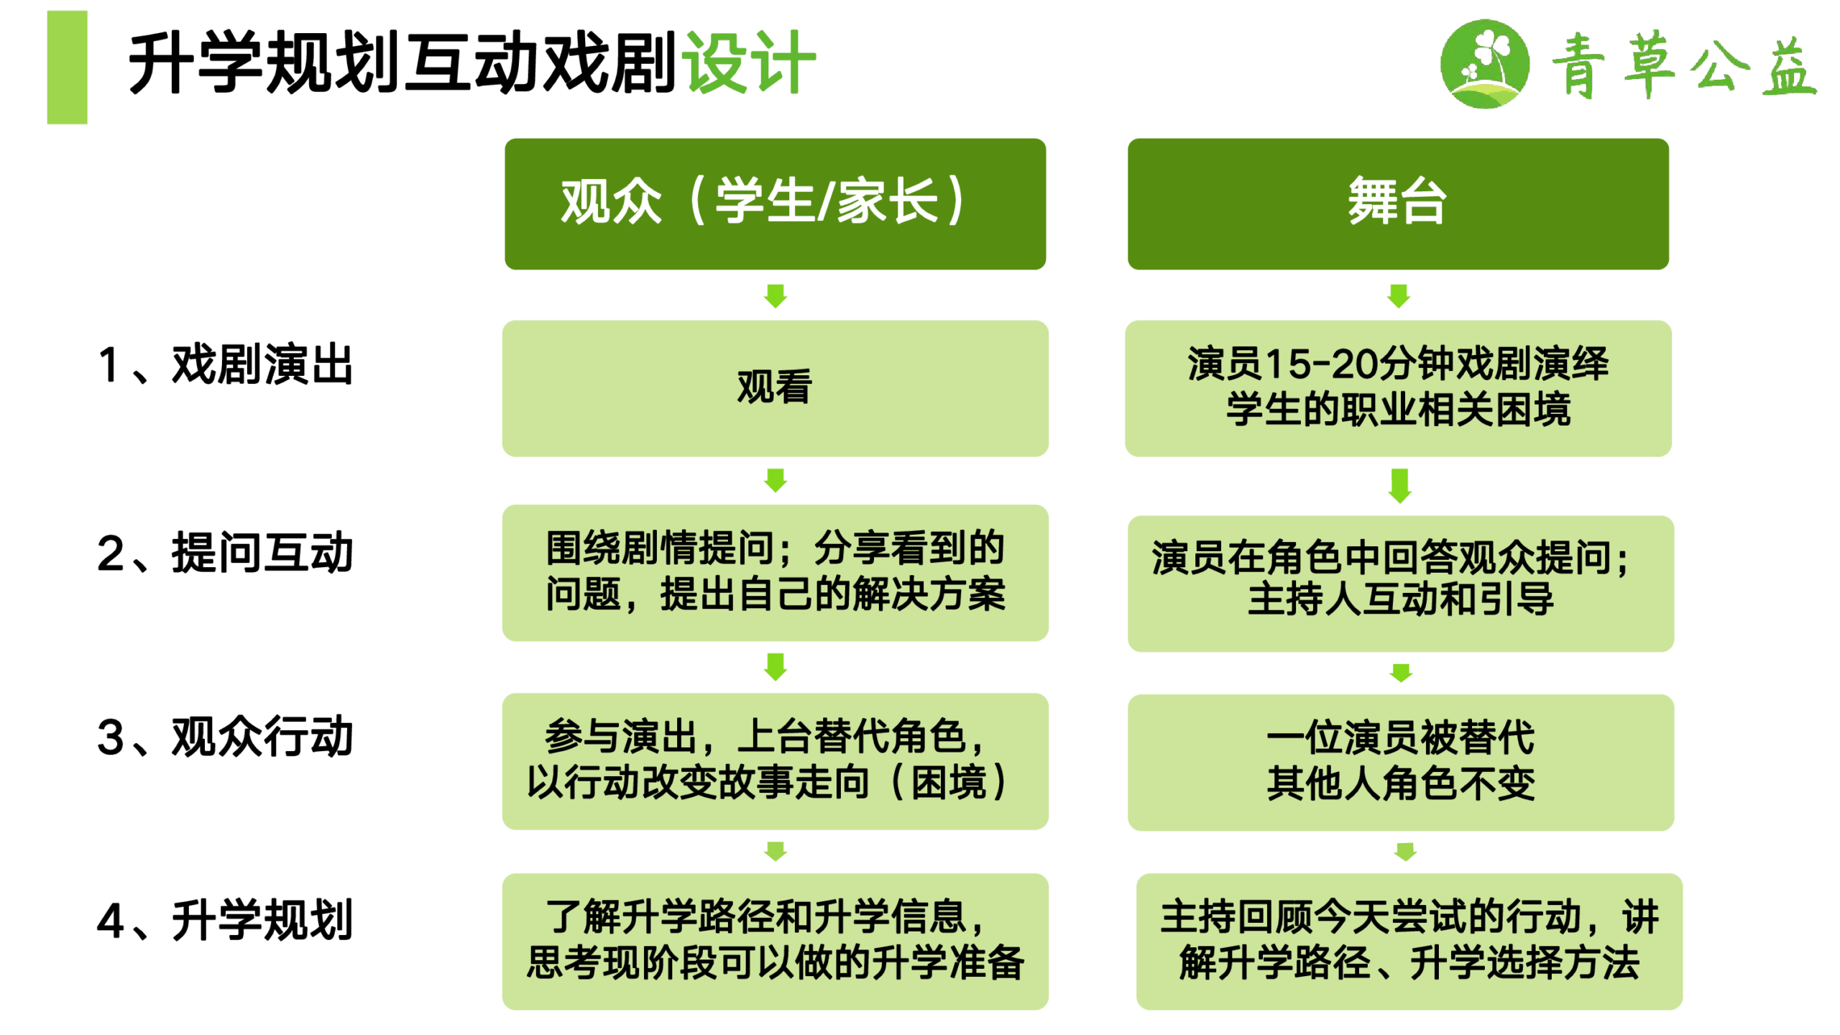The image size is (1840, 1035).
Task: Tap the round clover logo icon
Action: [x=1485, y=64]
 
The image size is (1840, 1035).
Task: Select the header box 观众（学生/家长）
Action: [x=775, y=204]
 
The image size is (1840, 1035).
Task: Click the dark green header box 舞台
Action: [x=1398, y=204]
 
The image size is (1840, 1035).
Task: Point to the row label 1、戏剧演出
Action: [x=225, y=364]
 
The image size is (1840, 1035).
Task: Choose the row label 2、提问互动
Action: [x=225, y=553]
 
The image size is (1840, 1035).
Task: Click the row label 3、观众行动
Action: [x=225, y=737]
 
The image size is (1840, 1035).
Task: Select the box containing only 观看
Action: [x=775, y=388]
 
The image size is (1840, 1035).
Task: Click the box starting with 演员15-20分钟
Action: [x=1398, y=388]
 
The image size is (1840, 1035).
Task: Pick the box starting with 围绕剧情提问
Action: [x=775, y=573]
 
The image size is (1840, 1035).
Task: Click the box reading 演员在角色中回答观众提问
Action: [x=1401, y=584]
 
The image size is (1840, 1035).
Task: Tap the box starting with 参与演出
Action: [x=775, y=761]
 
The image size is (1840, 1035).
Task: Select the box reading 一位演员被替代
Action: [x=1401, y=763]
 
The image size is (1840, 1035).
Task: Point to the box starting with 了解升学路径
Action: [x=775, y=942]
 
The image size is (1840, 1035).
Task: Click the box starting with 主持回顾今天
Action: [x=1409, y=942]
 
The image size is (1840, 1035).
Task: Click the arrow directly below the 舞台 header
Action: [x=1399, y=295]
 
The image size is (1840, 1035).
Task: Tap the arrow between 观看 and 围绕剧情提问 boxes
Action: [x=776, y=480]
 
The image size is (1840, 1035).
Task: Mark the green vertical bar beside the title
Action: [x=67, y=67]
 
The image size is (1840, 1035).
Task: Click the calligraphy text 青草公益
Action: [x=1684, y=65]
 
